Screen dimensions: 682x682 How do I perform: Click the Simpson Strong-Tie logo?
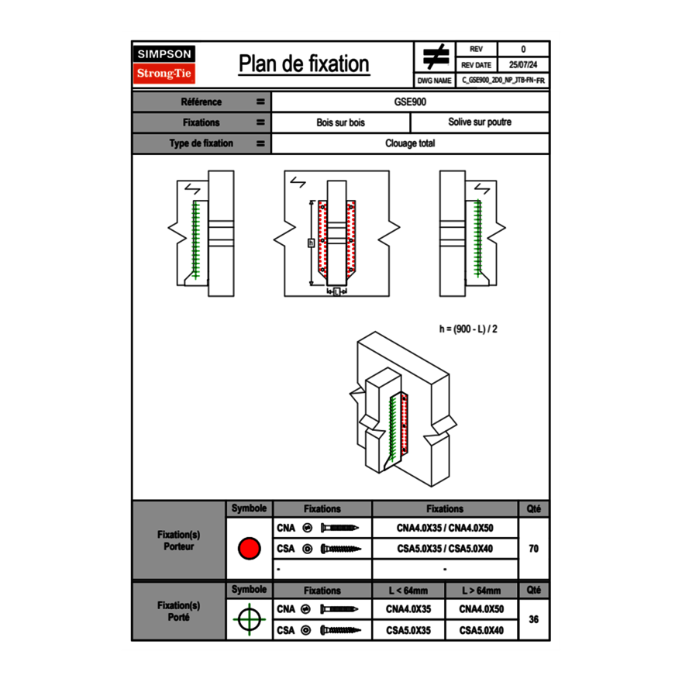(165, 64)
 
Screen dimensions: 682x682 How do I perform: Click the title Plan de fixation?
(304, 64)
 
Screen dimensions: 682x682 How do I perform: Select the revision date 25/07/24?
(523, 65)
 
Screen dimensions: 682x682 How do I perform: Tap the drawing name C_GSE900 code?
(503, 80)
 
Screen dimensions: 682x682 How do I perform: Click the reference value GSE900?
(410, 102)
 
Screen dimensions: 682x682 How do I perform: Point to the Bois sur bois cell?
(340, 122)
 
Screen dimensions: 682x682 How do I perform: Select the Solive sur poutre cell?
(479, 122)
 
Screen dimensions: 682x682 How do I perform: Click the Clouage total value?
(410, 143)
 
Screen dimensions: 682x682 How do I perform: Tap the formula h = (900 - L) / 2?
(468, 329)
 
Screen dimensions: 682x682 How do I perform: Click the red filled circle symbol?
(248, 549)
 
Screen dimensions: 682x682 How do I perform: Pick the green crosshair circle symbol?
(248, 619)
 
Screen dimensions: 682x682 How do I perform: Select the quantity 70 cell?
(533, 549)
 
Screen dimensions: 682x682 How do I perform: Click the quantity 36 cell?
(533, 619)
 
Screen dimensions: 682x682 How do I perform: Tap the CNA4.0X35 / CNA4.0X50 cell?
(445, 528)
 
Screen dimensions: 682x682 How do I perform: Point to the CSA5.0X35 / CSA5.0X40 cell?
(445, 549)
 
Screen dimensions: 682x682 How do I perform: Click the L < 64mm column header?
(408, 591)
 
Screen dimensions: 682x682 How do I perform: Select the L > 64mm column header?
(480, 591)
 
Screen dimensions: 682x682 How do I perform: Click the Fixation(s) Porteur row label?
(179, 540)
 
